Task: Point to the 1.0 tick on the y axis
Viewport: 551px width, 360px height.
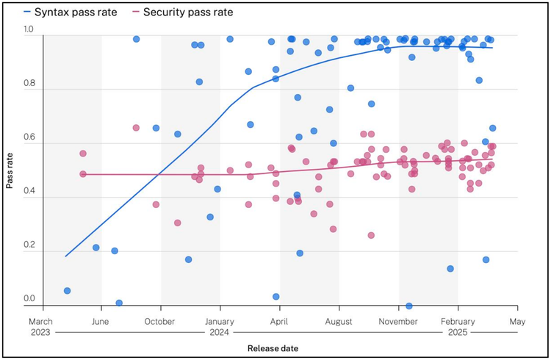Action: pos(29,29)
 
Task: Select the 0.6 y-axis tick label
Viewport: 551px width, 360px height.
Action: pos(29,137)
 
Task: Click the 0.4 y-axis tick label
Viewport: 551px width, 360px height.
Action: pos(29,192)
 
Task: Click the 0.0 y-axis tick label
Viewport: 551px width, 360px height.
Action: pos(29,299)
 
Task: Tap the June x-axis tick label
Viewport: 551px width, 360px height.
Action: pos(101,322)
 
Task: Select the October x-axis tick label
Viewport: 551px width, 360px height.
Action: pos(159,322)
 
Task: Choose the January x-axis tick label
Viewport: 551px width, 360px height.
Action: pos(219,322)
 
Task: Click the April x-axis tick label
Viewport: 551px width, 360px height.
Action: pos(278,322)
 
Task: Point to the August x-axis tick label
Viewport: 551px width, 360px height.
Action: pos(338,322)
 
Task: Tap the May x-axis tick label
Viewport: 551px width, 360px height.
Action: pos(516,322)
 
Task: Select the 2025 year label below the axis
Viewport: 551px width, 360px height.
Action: pos(457,333)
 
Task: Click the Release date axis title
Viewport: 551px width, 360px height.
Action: pos(273,348)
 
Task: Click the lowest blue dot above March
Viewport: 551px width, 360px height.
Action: pos(67,291)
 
